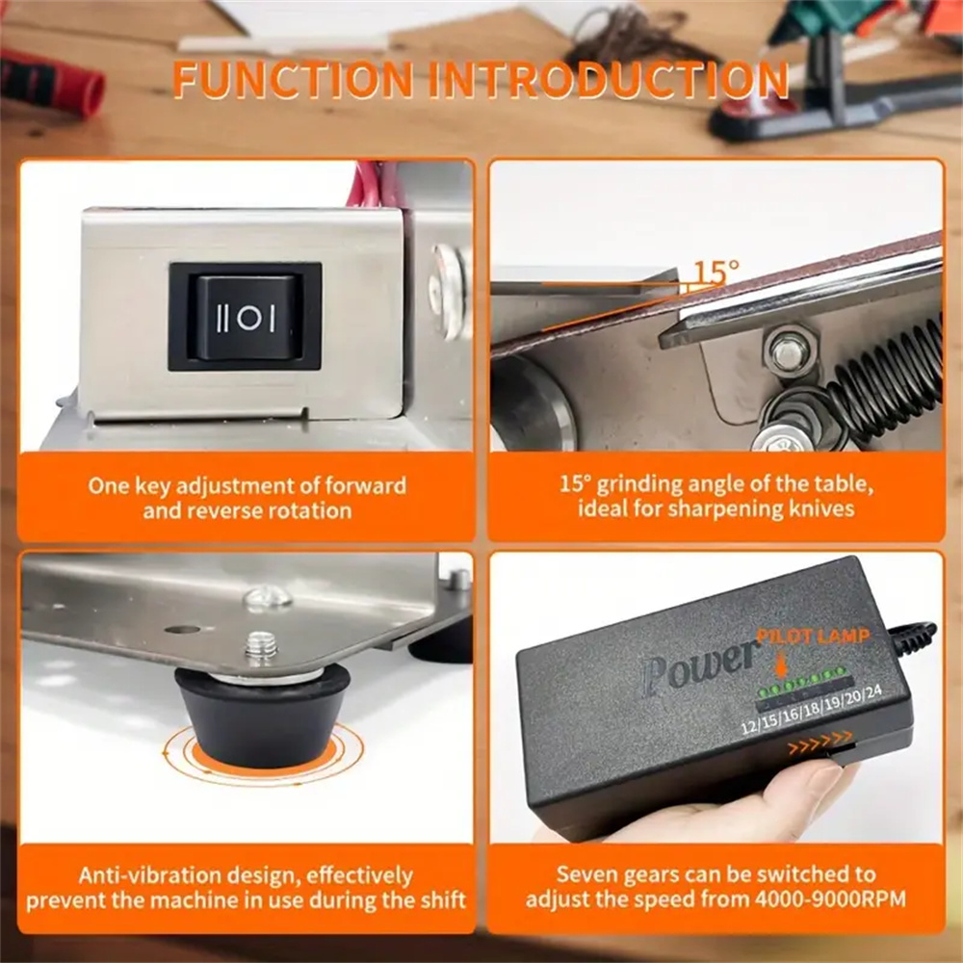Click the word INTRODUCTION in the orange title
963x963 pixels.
609,79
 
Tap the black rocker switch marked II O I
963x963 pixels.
246,317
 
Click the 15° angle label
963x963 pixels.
716,271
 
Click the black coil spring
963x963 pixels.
888,376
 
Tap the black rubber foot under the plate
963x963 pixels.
263,716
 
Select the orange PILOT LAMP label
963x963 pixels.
813,636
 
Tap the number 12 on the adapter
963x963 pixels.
750,726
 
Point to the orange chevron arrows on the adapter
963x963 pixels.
820,742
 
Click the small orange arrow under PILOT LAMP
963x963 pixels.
780,665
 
